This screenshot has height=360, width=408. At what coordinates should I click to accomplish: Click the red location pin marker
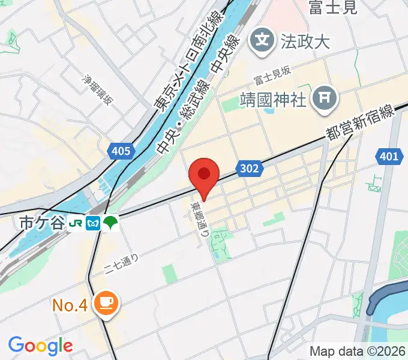point(204,175)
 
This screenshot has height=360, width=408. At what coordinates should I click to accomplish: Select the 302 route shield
point(248,169)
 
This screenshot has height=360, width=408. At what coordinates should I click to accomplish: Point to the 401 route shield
point(389,157)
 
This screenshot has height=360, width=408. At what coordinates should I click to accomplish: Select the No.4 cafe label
point(70,305)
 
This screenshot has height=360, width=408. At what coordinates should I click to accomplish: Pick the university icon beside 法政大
point(263,41)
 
